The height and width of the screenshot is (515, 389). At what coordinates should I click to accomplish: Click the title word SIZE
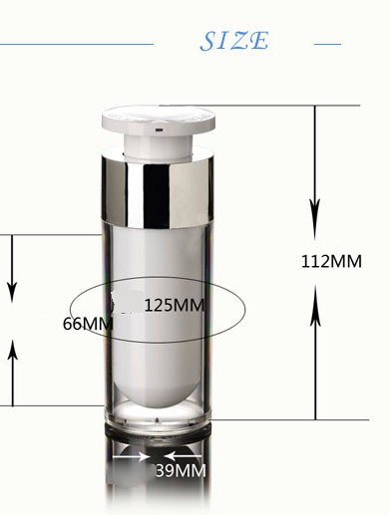point(234,41)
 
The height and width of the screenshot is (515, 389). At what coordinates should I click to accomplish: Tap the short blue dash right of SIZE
point(327,44)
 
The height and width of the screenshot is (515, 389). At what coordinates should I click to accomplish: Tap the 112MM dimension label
point(331,262)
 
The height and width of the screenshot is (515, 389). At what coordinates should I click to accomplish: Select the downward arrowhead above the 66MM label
point(12,289)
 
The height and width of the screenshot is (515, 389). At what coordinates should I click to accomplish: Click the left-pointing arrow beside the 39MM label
point(122,459)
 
